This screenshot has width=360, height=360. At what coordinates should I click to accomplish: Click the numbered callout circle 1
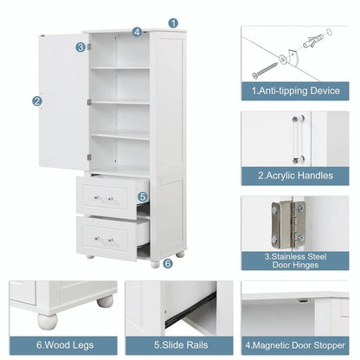(x=173, y=23)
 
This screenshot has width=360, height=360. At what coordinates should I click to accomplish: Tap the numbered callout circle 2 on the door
(x=37, y=100)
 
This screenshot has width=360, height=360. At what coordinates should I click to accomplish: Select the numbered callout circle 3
(x=80, y=47)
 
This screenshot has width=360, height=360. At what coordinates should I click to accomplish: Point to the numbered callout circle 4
(x=137, y=32)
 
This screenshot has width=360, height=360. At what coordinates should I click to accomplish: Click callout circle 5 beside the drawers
(x=144, y=196)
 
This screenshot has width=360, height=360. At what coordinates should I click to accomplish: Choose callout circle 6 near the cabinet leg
(x=167, y=263)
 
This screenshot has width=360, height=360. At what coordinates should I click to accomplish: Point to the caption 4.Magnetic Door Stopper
(x=293, y=344)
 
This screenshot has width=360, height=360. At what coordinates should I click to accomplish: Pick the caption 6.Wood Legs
(x=60, y=344)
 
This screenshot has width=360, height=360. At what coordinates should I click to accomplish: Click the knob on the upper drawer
(x=105, y=199)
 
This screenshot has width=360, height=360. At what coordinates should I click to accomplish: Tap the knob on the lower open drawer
(x=105, y=238)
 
